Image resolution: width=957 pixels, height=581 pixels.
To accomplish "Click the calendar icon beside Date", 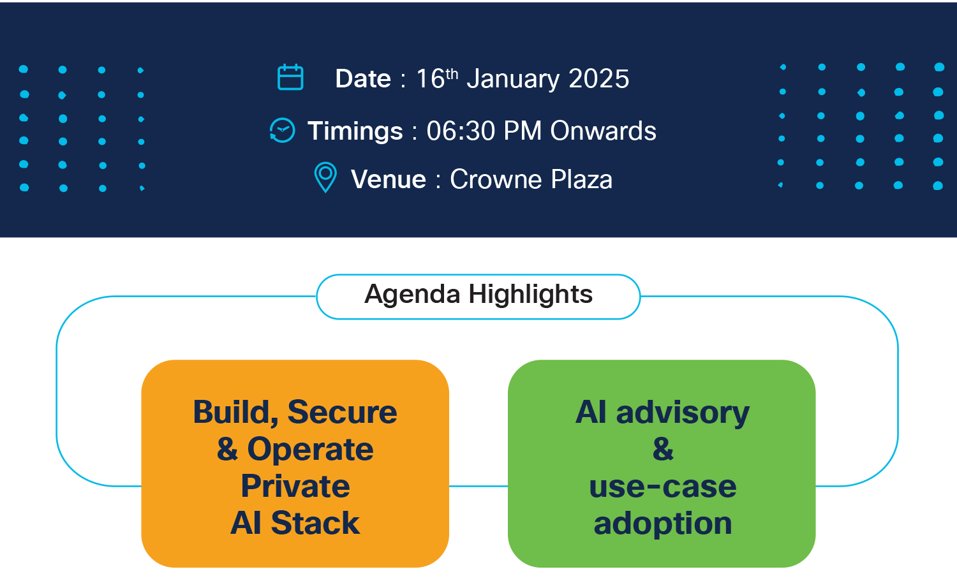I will [x=290, y=78].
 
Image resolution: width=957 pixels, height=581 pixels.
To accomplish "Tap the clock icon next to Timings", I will [x=282, y=130].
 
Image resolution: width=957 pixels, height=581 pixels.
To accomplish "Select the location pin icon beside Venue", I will [x=325, y=177].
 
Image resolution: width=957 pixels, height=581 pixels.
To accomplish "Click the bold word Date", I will [x=363, y=79].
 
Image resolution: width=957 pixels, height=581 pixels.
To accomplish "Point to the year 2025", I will [x=598, y=79].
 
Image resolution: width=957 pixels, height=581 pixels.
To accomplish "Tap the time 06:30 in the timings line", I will [x=461, y=131].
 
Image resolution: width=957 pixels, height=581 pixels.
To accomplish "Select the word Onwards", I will [x=603, y=131].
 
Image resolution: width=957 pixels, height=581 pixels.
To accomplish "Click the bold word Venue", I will [x=389, y=180].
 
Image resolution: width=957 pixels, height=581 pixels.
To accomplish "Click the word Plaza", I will [x=581, y=180].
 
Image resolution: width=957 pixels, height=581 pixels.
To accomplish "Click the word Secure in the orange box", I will [x=343, y=412].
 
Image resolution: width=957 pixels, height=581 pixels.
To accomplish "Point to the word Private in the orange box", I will [x=295, y=487].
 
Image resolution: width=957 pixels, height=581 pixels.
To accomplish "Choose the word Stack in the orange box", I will [x=315, y=524].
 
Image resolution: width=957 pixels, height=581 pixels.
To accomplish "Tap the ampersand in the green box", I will [x=663, y=449].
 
